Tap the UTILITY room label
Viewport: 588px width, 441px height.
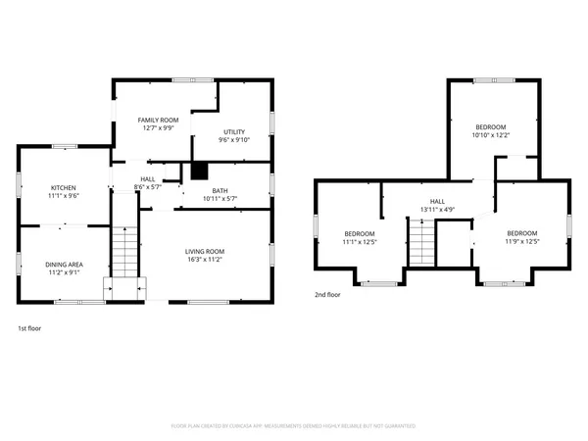point(234,131)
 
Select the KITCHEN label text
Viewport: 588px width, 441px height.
point(64,187)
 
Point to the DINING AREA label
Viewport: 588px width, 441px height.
point(64,264)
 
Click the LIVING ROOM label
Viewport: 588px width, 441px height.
point(206,252)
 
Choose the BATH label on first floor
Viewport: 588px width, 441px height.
point(220,191)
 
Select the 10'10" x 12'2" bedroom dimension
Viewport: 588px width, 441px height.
point(491,135)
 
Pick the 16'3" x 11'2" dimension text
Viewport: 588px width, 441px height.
point(206,260)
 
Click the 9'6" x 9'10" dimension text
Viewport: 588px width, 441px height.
point(234,139)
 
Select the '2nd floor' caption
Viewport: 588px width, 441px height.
point(327,294)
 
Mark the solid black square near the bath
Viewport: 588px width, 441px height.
point(199,171)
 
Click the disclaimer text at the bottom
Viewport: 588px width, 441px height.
point(293,426)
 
